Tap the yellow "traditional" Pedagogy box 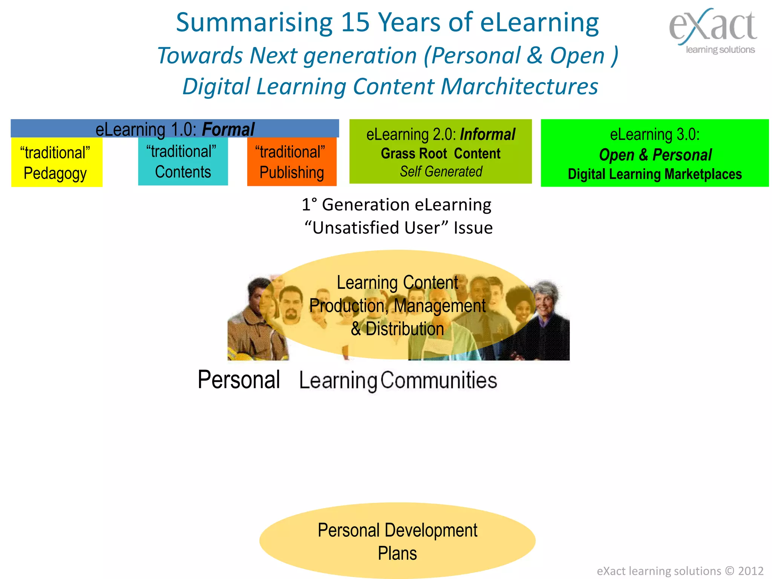click(x=57, y=162)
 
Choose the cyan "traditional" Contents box click(x=183, y=162)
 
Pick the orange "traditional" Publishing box click(x=291, y=162)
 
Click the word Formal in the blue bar click(x=228, y=129)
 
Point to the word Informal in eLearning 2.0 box click(x=487, y=135)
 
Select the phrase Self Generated click(x=441, y=172)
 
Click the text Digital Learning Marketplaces click(x=654, y=174)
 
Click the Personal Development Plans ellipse click(x=397, y=541)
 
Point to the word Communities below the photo click(x=438, y=380)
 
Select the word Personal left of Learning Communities click(x=239, y=380)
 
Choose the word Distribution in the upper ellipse click(x=404, y=329)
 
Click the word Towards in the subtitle click(x=200, y=56)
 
